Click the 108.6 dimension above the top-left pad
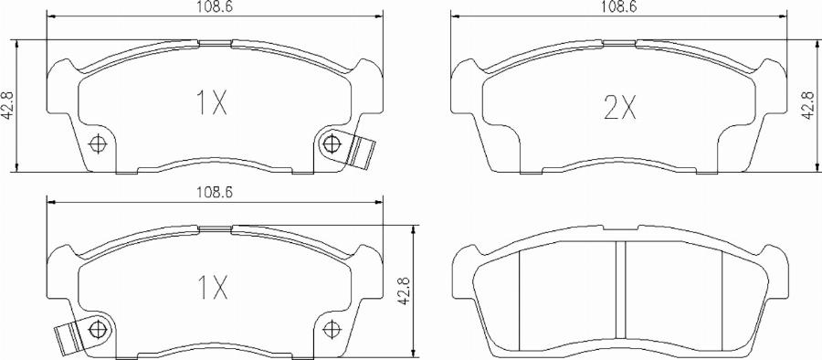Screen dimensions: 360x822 pos(214,7)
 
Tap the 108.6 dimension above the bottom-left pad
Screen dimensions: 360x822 pos(214,194)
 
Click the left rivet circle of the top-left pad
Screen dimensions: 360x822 pos(99,143)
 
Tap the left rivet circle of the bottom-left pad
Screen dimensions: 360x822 pos(99,329)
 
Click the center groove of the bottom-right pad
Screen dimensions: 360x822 pos(619,292)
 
